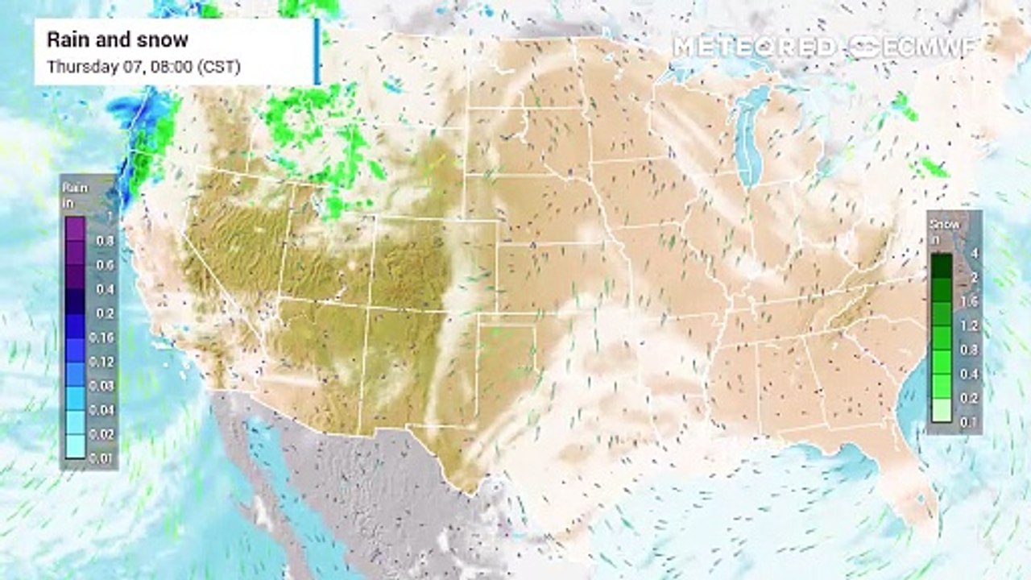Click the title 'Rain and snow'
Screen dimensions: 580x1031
pos(118,39)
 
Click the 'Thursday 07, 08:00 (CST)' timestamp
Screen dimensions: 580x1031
pos(144,67)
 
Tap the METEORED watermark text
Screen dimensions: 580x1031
pos(754,47)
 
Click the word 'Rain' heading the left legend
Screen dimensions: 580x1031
pos(72,188)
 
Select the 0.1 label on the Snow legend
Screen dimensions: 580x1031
pos(972,422)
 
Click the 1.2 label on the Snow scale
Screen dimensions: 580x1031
pos(972,325)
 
